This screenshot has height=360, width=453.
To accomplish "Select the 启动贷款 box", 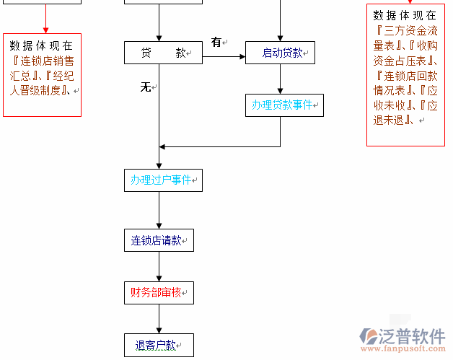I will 280,53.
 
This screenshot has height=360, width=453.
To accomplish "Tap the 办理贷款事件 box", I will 284,105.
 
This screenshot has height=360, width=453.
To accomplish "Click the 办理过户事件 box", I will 163,180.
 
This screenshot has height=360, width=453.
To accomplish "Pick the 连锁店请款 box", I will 159,240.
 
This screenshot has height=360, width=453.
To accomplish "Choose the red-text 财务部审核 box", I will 159,293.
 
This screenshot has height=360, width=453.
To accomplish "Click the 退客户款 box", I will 159,345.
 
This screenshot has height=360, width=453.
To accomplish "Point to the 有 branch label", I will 216,42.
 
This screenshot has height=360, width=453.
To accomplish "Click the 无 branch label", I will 145,87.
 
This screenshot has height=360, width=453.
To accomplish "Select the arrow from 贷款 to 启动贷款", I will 224,53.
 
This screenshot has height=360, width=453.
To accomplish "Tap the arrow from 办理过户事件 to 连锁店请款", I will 159,211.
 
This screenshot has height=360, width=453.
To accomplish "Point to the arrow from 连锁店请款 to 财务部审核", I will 159,267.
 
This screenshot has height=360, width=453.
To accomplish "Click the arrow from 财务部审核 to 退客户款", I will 159,319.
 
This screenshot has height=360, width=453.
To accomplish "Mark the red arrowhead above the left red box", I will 45,29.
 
